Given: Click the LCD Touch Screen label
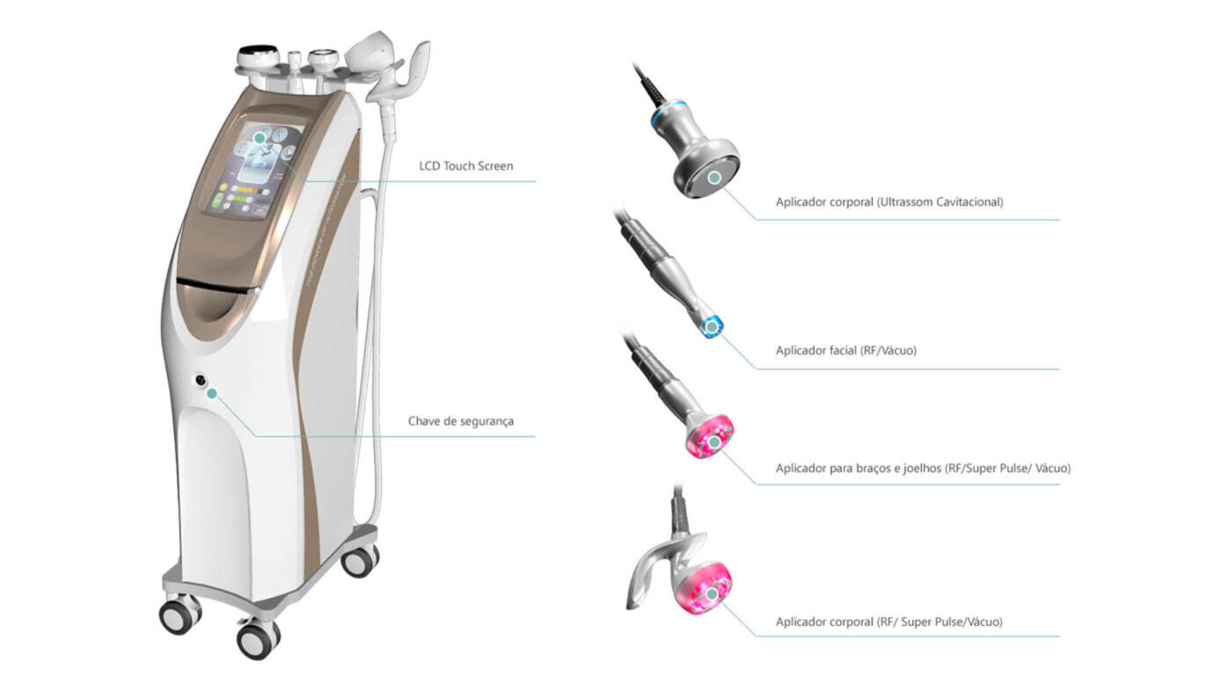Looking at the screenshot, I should (x=465, y=165).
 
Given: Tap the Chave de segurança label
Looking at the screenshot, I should (x=460, y=421).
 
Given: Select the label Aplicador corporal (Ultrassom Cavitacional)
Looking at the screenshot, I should (x=889, y=202).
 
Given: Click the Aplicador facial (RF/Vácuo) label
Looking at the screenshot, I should (x=846, y=351).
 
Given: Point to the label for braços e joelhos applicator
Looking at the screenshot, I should (x=922, y=469).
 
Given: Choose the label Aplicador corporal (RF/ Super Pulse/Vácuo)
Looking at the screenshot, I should (x=889, y=622).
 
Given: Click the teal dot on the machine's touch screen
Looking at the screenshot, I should (x=260, y=138).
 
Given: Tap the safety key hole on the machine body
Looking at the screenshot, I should (x=202, y=381).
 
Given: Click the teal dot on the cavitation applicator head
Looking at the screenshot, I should (x=714, y=178).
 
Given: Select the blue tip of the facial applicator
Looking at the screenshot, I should (x=711, y=327).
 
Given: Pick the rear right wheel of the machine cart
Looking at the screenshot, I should (x=359, y=560).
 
